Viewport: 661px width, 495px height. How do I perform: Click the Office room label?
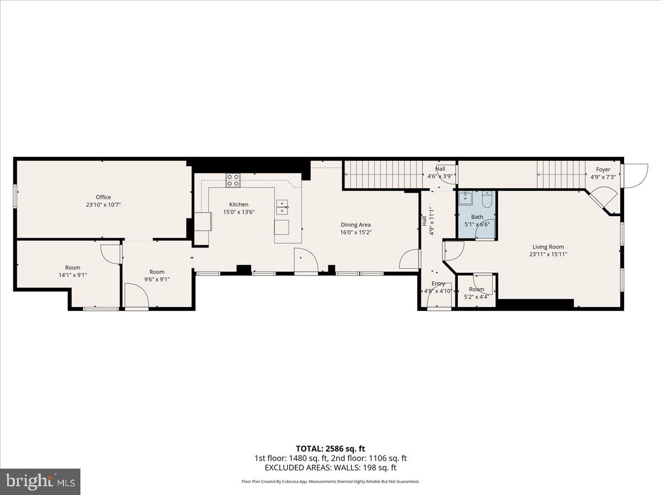103,197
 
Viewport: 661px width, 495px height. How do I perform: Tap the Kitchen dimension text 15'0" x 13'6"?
239,212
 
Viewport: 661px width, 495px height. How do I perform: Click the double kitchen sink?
282,207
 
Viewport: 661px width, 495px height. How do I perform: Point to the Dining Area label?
355,224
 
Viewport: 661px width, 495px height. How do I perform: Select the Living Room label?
548,247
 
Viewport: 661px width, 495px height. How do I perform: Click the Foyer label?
603,170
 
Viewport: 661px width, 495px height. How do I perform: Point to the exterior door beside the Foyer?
635,176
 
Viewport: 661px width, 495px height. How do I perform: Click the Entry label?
438,284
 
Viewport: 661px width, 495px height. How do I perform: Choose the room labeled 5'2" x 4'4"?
476,293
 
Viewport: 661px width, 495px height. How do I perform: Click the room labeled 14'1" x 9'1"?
73,271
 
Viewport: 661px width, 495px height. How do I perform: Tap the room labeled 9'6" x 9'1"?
157,275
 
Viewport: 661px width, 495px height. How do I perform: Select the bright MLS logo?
40,482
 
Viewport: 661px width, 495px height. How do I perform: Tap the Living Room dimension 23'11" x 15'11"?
548,254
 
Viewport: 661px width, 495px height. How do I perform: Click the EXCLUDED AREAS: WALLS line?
330,468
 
